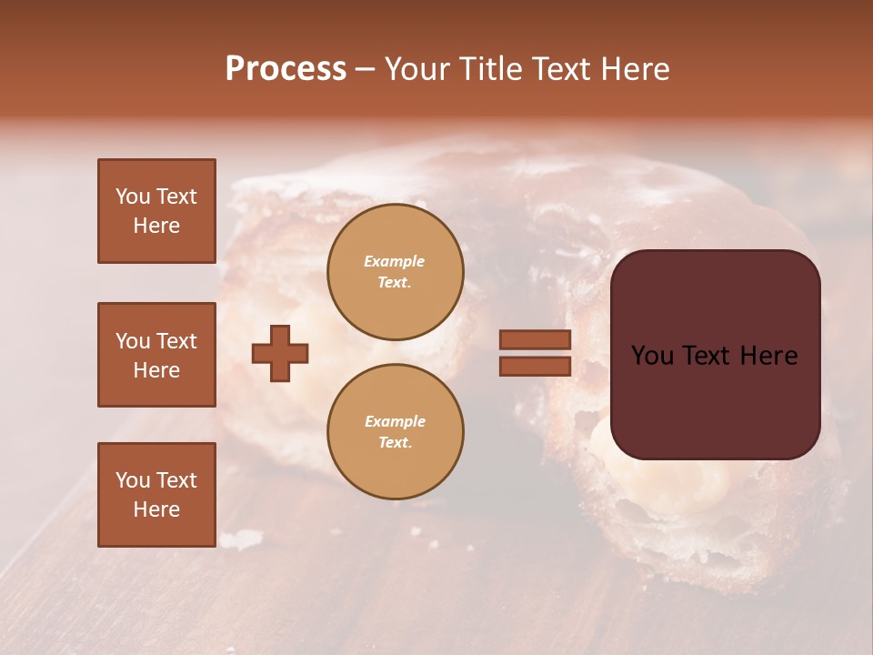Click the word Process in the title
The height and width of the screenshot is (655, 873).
point(286,69)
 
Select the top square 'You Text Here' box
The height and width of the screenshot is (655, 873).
point(156,211)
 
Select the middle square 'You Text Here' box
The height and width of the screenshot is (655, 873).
point(156,355)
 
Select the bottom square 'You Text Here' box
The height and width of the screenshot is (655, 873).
point(156,495)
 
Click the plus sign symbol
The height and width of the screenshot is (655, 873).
point(280,353)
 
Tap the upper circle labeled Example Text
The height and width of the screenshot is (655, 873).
point(396,272)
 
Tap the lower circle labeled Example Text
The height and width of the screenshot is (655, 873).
point(396,432)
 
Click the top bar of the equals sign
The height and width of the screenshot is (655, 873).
point(536,339)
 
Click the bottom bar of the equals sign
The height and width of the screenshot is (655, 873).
point(536,366)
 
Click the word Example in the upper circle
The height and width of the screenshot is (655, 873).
point(395,261)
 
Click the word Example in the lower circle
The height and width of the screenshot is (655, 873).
point(395,421)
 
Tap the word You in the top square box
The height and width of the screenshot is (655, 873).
point(133,196)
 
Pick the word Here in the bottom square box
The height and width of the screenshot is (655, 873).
point(156,509)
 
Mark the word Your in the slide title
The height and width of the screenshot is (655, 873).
point(418,69)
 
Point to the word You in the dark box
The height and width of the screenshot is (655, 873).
point(653,356)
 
